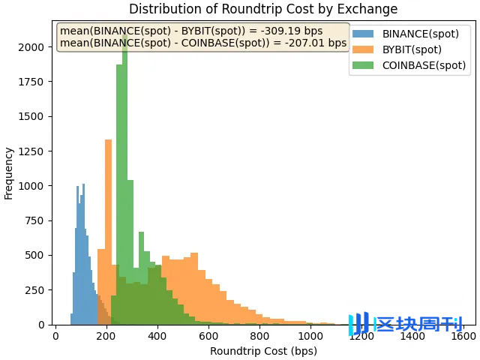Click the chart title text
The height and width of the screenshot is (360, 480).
tap(263, 9)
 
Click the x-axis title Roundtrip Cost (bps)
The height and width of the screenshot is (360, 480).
tap(263, 351)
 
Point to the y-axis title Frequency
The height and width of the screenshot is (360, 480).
tap(9, 173)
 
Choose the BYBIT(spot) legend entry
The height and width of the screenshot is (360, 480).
tap(411, 49)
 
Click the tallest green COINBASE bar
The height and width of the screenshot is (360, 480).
tap(124, 180)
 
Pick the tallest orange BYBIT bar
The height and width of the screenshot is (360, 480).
tap(108, 225)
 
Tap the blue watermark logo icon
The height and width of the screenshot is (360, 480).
tap(359, 324)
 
